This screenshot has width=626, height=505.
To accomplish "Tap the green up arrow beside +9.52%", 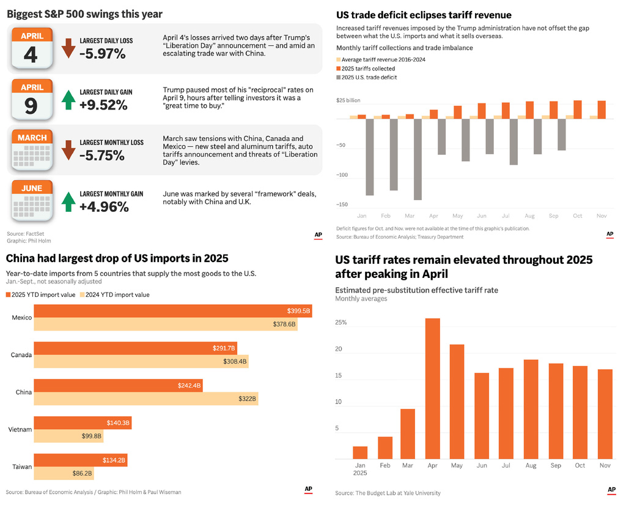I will pyautogui.click(x=68, y=99).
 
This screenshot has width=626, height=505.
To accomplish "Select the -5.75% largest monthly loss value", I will pyautogui.click(x=102, y=156).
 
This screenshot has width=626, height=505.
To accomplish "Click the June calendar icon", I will pyautogui.click(x=32, y=201).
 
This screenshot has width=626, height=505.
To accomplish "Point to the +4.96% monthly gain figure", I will pyautogui.click(x=104, y=207).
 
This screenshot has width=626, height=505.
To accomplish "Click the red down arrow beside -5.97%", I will pyautogui.click(x=68, y=48).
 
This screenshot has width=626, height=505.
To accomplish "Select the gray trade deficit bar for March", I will pyautogui.click(x=418, y=159).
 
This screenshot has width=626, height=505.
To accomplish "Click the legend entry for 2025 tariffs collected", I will pyautogui.click(x=369, y=69).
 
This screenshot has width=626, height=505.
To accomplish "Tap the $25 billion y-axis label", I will pyautogui.click(x=348, y=100).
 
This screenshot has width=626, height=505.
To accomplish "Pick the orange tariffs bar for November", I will pyautogui.click(x=602, y=110).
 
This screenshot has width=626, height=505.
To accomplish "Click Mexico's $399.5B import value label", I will pyautogui.click(x=299, y=311).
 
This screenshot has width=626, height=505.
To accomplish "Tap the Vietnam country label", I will pyautogui.click(x=20, y=430).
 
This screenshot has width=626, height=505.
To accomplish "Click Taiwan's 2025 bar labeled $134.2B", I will pyautogui.click(x=80, y=460).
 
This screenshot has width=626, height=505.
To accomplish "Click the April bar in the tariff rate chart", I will pyautogui.click(x=433, y=388).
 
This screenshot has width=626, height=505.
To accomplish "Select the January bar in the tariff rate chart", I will pyautogui.click(x=360, y=452).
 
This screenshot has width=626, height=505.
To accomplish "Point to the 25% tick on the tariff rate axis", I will pyautogui.click(x=341, y=323).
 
